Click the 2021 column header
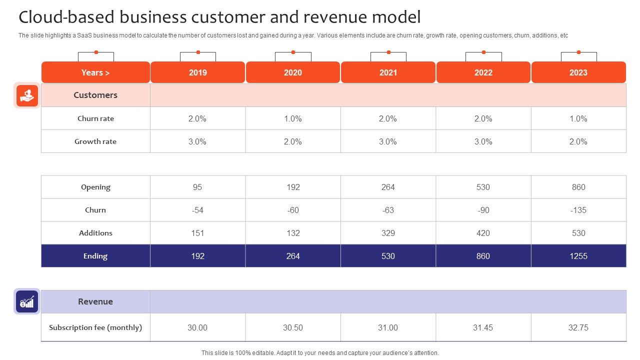(x=388, y=72)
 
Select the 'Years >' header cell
(x=95, y=72)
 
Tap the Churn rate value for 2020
(x=293, y=118)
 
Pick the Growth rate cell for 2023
(x=578, y=141)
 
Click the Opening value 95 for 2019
(x=197, y=187)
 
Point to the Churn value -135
(x=578, y=210)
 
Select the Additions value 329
(x=388, y=233)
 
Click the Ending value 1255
(x=578, y=256)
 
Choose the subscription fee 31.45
(x=483, y=327)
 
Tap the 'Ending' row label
(x=95, y=256)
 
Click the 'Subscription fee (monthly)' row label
(x=95, y=327)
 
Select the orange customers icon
(x=27, y=95)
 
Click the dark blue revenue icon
(x=27, y=301)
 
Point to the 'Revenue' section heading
(x=95, y=301)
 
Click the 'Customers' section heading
(x=95, y=95)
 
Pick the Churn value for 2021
(x=388, y=210)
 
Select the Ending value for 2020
(x=293, y=256)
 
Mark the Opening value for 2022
(x=483, y=187)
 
